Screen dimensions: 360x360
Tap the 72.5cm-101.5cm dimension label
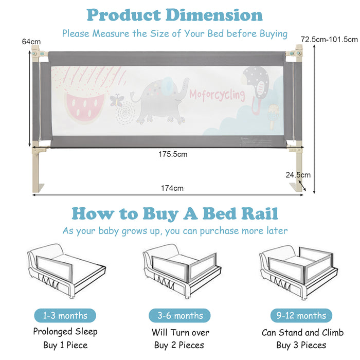pos(329,39)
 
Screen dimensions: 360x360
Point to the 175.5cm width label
pos(173,154)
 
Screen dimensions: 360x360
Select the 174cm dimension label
pos(172,188)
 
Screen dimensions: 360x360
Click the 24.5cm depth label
pos(298,175)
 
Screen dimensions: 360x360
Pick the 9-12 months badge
pos(301,315)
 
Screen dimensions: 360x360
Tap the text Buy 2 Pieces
pos(179,345)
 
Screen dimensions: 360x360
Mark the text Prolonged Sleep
pos(65,332)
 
